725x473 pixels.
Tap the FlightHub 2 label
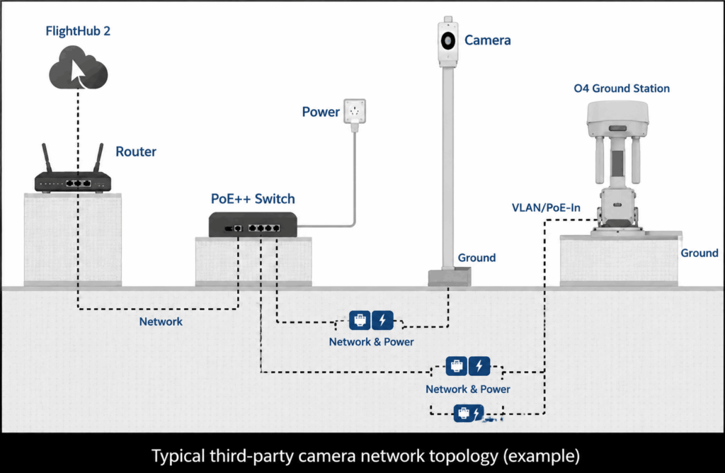78,31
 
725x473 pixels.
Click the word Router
136,152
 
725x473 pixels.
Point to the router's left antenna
47,158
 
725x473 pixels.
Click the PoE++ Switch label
253,199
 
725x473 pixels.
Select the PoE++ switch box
253,224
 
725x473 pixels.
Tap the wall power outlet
355,111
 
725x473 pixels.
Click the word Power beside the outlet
321,112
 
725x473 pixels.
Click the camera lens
447,41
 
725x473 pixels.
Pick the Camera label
488,40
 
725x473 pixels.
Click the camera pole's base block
450,278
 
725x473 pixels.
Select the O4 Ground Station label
622,89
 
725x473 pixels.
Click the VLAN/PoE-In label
546,207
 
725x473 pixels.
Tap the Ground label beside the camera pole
476,258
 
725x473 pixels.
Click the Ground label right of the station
699,253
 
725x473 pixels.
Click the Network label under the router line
161,321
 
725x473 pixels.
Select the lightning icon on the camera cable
382,321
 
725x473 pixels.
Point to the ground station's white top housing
617,119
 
